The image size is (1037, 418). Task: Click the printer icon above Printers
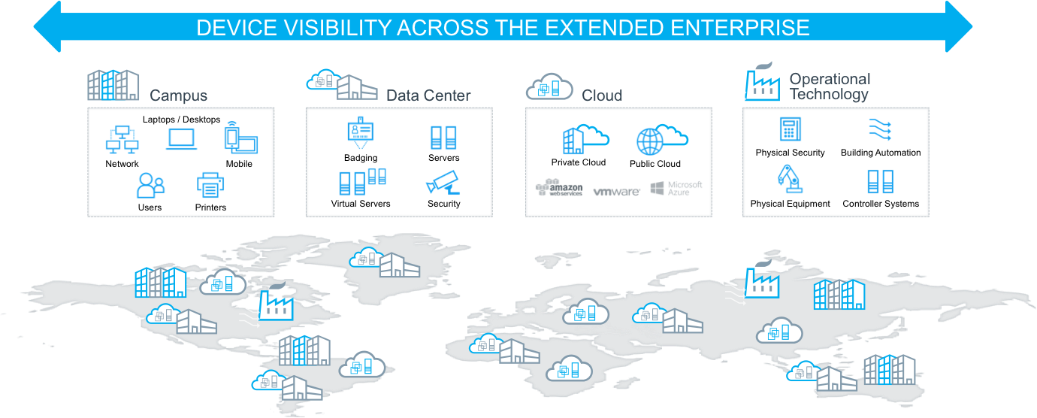[x=211, y=185]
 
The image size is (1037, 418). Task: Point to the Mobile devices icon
[x=240, y=139]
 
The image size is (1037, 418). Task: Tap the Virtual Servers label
[x=361, y=204]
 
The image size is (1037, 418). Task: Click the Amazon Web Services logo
[x=559, y=188]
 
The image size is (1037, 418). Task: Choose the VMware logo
[x=616, y=192]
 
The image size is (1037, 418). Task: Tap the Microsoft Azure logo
[x=676, y=188]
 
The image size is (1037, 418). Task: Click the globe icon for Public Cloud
[x=650, y=141]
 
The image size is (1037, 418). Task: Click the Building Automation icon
[x=880, y=129]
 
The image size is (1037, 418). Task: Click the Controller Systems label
[x=881, y=204]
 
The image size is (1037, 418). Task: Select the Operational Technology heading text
[x=829, y=86]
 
